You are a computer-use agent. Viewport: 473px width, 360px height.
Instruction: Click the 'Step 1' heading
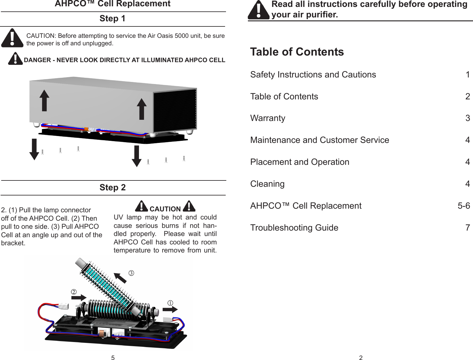(113, 19)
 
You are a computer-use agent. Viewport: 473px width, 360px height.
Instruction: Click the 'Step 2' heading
(113, 188)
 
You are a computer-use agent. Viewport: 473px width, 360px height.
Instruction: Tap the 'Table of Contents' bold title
(297, 52)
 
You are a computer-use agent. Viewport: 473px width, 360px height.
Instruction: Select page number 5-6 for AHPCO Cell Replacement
(464, 206)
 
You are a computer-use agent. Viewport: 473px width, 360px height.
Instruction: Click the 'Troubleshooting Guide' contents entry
(294, 228)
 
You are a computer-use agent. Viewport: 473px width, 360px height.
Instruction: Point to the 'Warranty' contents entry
(268, 118)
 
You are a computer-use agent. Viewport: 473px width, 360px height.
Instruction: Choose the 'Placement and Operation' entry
(300, 162)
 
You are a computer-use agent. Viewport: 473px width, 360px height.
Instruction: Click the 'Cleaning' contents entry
(267, 184)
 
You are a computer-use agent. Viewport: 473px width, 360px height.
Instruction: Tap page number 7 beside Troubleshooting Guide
(468, 228)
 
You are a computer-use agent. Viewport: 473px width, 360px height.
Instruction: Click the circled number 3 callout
(131, 273)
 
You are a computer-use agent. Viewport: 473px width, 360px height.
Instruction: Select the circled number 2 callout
(73, 292)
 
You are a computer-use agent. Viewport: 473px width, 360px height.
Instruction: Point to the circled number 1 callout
(170, 303)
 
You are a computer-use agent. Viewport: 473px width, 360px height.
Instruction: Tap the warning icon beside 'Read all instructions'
(258, 11)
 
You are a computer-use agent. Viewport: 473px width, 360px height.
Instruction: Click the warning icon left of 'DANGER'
(15, 59)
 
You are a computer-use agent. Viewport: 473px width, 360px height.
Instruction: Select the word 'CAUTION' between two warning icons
(165, 209)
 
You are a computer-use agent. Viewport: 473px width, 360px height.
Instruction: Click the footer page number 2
(361, 357)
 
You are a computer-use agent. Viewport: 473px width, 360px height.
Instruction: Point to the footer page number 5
(113, 357)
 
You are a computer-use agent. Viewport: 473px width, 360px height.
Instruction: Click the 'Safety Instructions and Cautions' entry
(313, 74)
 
